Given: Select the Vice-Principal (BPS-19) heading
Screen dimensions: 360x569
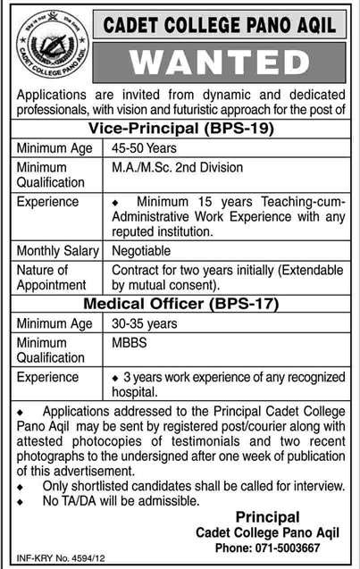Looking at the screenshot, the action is pyautogui.click(x=180, y=128).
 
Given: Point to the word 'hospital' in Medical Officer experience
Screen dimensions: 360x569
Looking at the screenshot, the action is pyautogui.click(x=133, y=391).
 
